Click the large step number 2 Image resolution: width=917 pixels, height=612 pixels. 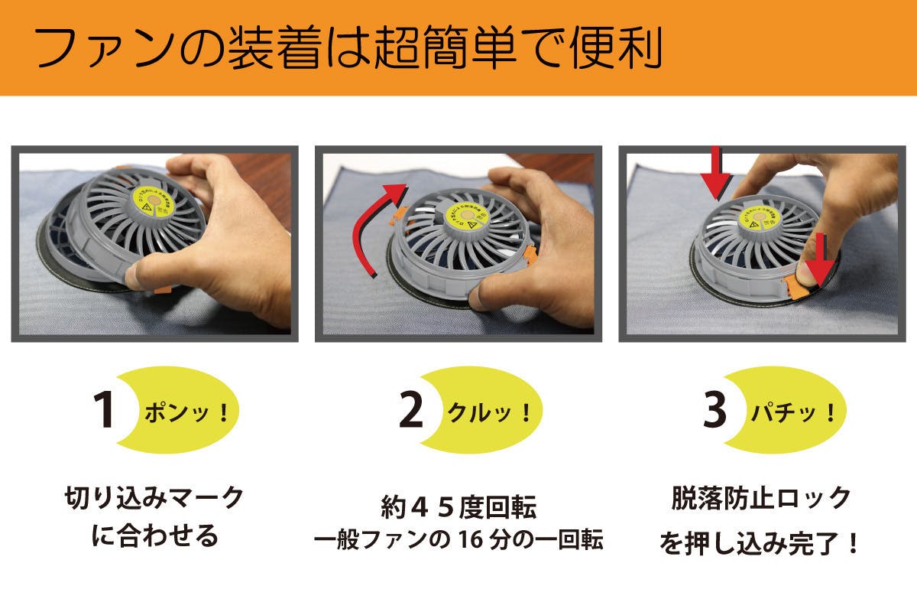(411, 411)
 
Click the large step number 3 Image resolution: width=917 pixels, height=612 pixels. (714, 411)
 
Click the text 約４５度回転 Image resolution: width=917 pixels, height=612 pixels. (458, 507)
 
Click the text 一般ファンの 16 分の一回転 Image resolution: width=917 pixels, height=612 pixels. (458, 540)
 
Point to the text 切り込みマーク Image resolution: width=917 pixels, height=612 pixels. (154, 498)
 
